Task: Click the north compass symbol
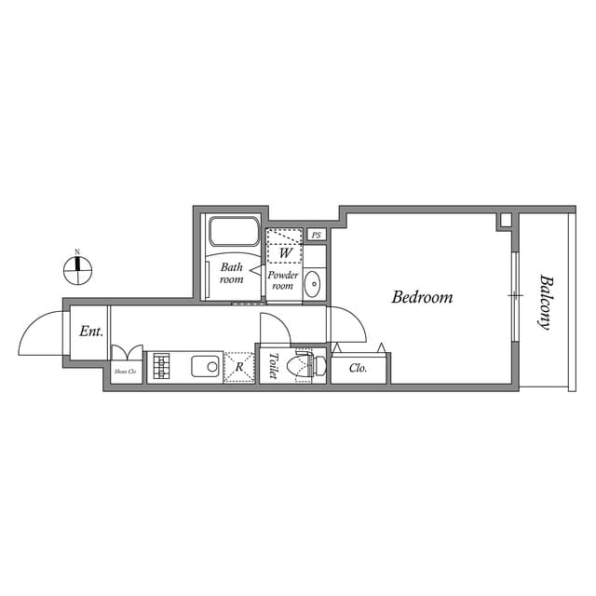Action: [x=77, y=270]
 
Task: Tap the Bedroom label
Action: [x=422, y=298]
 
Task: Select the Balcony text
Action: [x=546, y=302]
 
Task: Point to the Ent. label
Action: [x=90, y=331]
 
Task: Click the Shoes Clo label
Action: [x=125, y=371]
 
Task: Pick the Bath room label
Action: [x=231, y=273]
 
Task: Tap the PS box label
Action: [x=317, y=236]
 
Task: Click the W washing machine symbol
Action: [x=285, y=252]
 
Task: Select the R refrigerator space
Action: [x=239, y=367]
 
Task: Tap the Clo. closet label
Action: [x=359, y=368]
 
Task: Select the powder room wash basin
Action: [x=313, y=283]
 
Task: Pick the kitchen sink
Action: [x=206, y=365]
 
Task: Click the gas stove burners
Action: [x=161, y=365]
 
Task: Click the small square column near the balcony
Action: [x=505, y=221]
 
